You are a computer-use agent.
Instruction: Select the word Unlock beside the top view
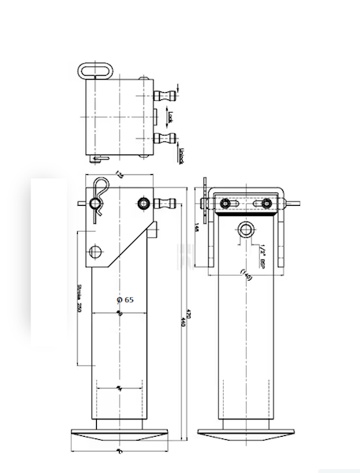click(x=180, y=154)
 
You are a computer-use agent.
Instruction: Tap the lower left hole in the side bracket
click(x=96, y=252)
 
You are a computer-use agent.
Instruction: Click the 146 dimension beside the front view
click(x=196, y=229)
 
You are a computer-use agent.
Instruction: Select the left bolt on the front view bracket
click(x=227, y=204)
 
